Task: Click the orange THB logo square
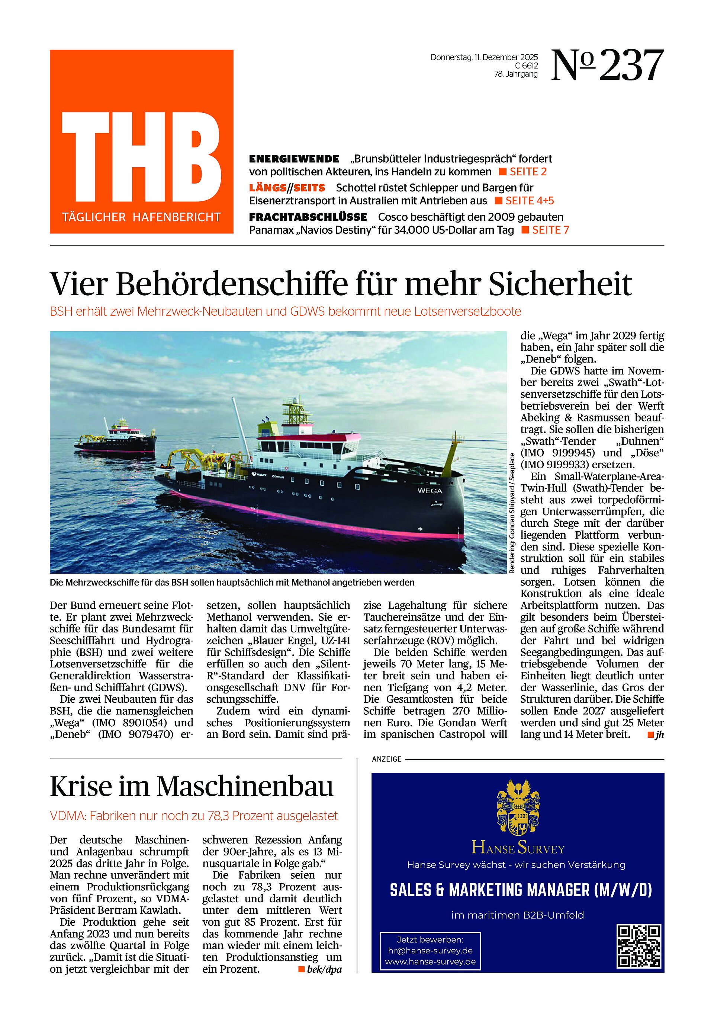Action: point(141,141)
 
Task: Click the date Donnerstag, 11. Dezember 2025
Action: point(484,57)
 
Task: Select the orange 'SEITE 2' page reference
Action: point(528,172)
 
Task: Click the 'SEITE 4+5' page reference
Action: point(529,201)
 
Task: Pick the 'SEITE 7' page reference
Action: point(550,230)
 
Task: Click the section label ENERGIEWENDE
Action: point(294,159)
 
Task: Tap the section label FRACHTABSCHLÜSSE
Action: point(308,217)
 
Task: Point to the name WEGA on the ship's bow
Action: point(430,491)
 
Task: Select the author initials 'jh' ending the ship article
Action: point(659,735)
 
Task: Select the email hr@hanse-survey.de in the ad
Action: point(430,951)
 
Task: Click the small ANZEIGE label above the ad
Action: point(387,759)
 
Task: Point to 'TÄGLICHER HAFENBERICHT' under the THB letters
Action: point(141,217)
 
